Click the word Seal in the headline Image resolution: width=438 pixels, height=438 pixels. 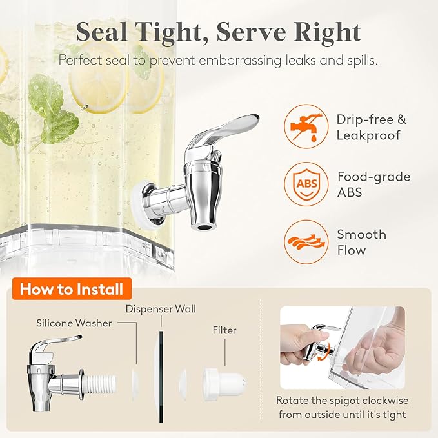coord(101,32)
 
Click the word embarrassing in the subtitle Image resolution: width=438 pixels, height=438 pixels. coord(240,61)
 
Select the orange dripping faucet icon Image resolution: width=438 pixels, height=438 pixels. coord(306,126)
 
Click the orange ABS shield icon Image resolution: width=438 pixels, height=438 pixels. coord(306,184)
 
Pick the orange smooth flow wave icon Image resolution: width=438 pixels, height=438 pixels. coord(306,242)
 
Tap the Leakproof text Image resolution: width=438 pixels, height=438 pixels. coord(368,135)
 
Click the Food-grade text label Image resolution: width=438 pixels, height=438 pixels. coord(374,177)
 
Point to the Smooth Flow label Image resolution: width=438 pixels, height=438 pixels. coord(362,242)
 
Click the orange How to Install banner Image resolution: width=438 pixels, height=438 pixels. coord(72,288)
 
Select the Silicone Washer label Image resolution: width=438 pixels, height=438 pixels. coord(74,323)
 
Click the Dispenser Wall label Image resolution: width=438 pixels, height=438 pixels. coord(161,309)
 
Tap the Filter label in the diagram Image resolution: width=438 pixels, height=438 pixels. coord(224,330)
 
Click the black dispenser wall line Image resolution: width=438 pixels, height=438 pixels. coord(161,377)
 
